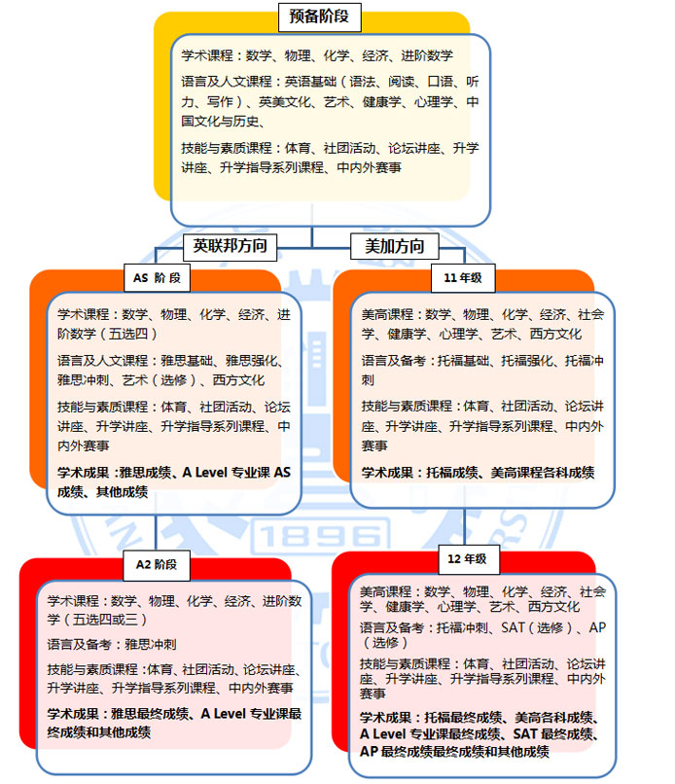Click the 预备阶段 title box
pos(319,17)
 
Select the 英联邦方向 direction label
pos(230,246)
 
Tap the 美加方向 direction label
pos(395,246)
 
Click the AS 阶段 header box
pos(157,278)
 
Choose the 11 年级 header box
pos(463,278)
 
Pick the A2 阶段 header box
pos(157,565)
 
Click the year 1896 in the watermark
pos(320,537)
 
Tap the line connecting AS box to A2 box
pos(156,532)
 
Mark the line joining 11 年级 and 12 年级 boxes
pos(464,526)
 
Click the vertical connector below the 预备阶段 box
pos(312,236)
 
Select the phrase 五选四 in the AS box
pos(129,334)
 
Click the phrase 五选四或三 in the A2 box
pos(105,620)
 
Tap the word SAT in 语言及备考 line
pos(513,627)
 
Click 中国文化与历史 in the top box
pos(221,121)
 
